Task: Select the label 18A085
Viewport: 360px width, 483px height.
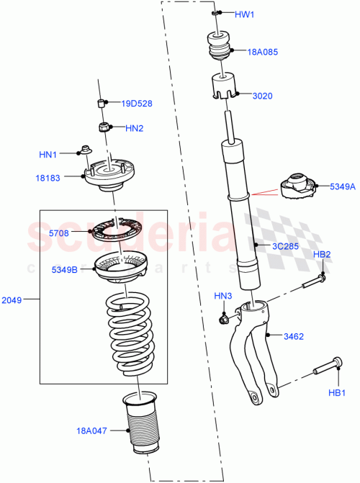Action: [264, 52]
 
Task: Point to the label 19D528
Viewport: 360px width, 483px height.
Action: [136, 104]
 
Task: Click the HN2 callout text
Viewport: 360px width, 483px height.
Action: [135, 129]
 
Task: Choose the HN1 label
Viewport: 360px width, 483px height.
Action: [48, 153]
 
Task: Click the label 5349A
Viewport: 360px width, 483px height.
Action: [343, 186]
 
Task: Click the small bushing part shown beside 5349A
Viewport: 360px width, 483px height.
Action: [297, 186]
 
